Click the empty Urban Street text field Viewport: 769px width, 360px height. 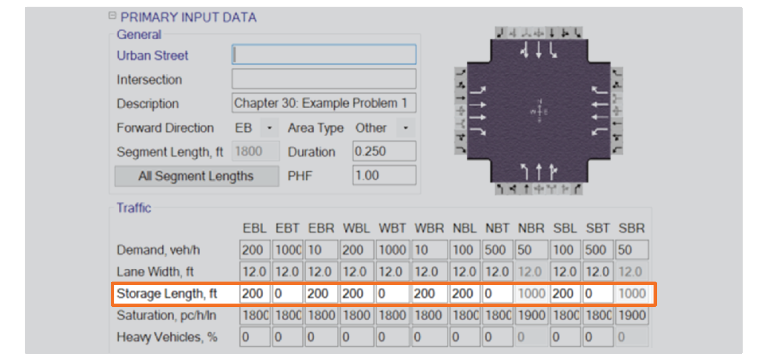click(324, 54)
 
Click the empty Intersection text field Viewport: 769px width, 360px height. click(324, 79)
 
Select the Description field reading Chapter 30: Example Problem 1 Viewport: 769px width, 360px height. click(324, 103)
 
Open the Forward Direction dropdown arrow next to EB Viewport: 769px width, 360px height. click(270, 128)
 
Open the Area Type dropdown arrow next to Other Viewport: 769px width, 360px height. click(406, 128)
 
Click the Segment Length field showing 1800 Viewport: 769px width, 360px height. click(256, 151)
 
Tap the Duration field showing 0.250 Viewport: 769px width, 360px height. click(384, 151)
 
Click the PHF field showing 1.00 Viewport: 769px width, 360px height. click(384, 176)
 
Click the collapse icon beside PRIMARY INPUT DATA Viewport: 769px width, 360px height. click(113, 15)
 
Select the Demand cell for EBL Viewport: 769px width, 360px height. click(255, 250)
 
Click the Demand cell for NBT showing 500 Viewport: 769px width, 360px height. click(497, 250)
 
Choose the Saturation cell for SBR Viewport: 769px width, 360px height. click(632, 315)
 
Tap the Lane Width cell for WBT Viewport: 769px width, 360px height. click(393, 271)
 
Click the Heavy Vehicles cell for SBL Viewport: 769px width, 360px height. click(565, 337)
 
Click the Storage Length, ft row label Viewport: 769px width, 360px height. click(167, 294)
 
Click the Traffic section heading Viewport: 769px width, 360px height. click(134, 208)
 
